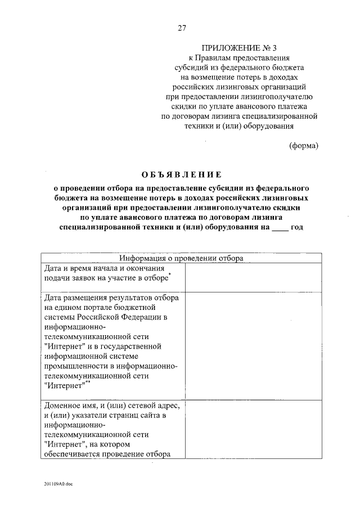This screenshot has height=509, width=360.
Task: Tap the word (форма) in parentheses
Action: [304, 146]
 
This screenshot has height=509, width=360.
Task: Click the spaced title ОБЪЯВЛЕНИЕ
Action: [180, 174]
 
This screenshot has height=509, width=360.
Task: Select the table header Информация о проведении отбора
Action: [181, 258]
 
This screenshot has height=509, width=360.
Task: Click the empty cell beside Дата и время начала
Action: [253, 277]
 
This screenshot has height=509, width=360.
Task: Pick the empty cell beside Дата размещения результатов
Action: [253, 345]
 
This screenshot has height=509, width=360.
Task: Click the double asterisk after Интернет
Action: [88, 383]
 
